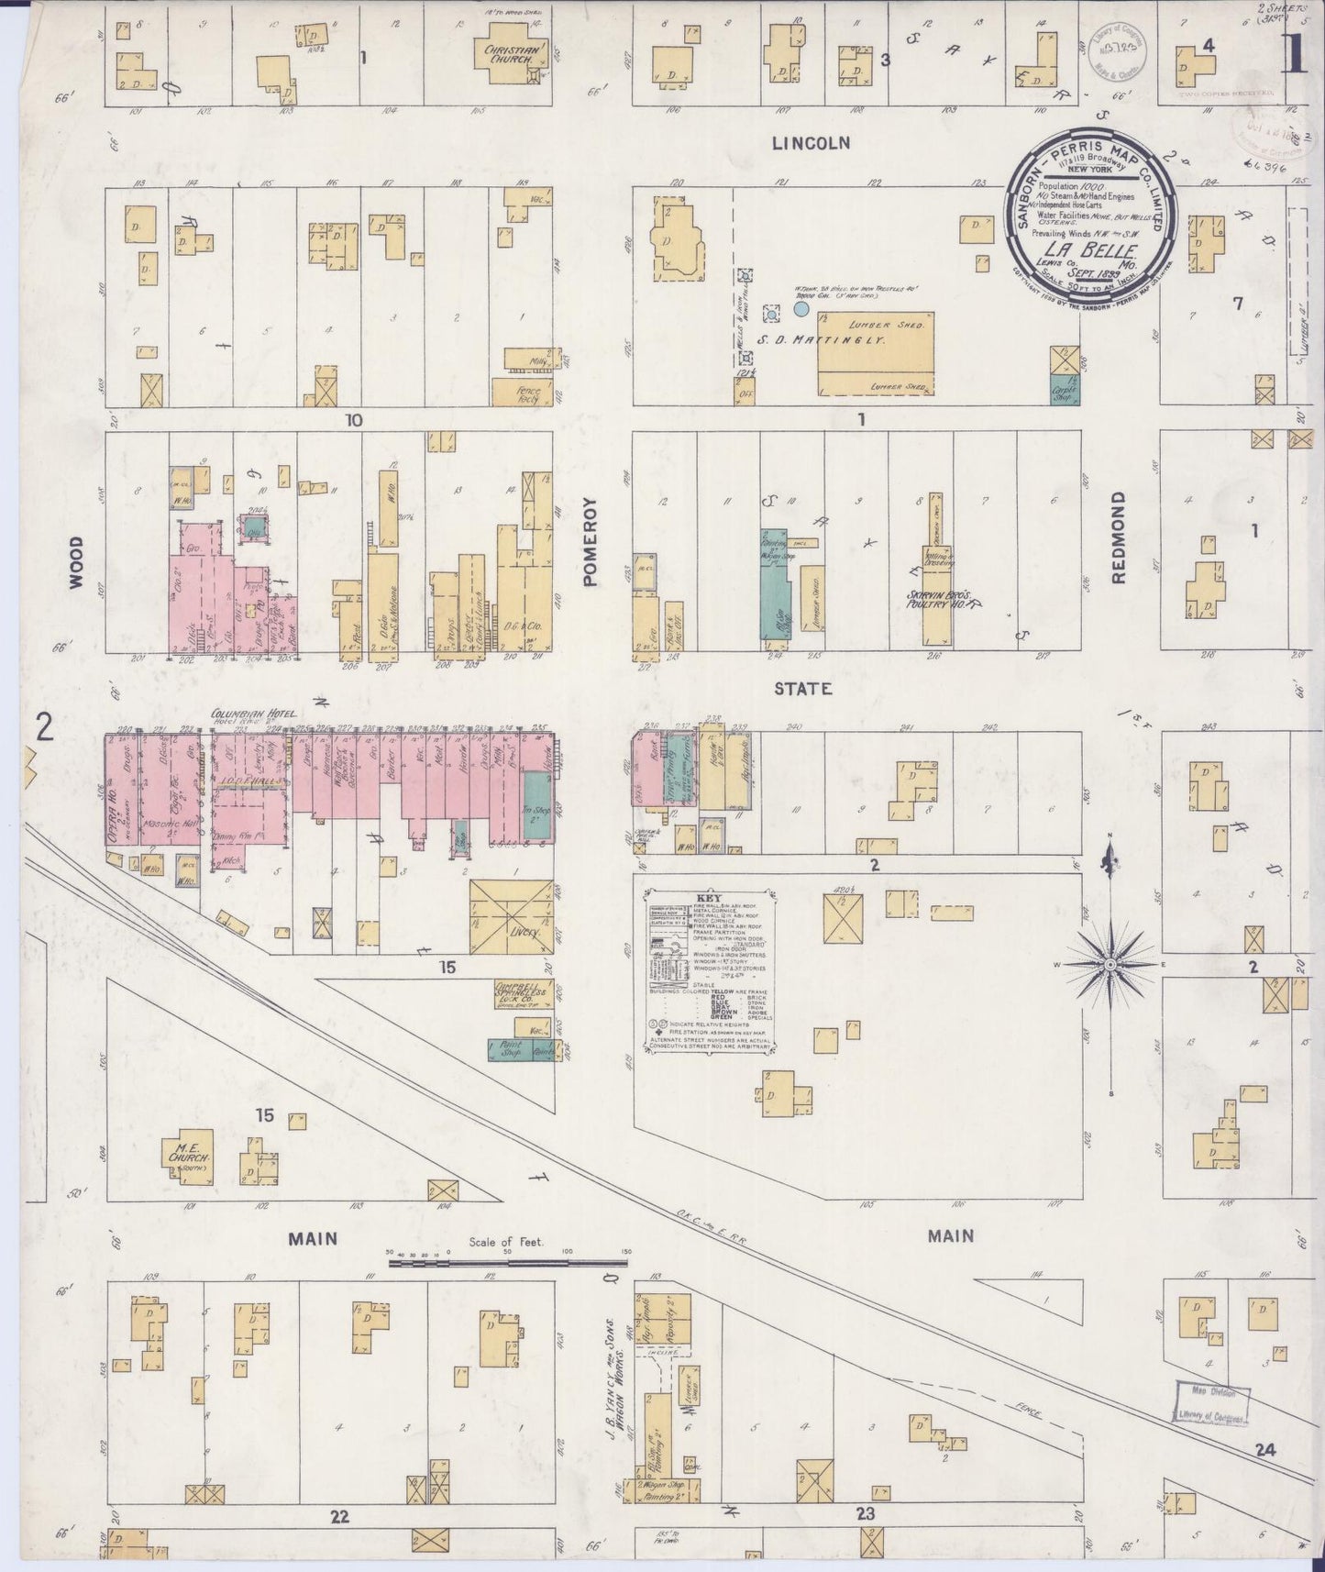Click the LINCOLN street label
coord(811,143)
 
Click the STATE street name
coord(801,689)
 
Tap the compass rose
coord(1110,965)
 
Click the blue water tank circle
coord(801,310)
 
